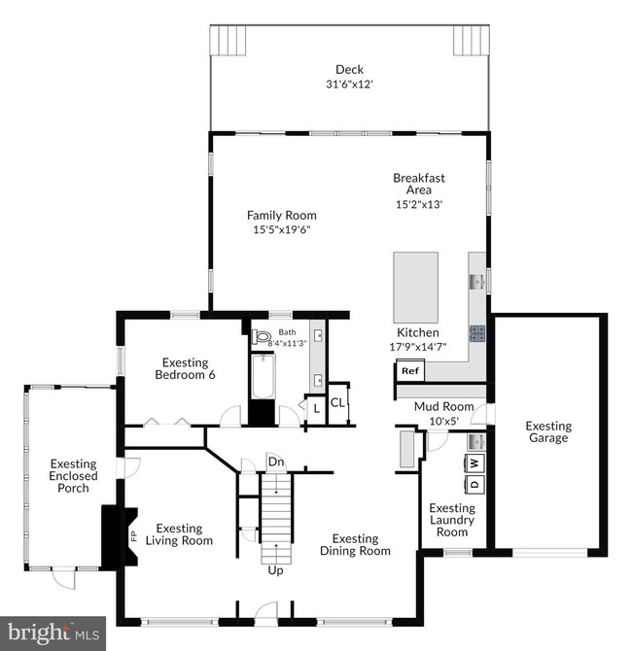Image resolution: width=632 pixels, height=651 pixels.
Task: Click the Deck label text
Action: pyautogui.click(x=349, y=69)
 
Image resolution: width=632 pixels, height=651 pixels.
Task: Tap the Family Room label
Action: pyautogui.click(x=281, y=216)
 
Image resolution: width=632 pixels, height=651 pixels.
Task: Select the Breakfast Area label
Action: pyautogui.click(x=419, y=184)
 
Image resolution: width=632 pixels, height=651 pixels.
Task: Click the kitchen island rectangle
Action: pyautogui.click(x=415, y=289)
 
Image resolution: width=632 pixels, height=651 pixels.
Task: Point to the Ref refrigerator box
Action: pyautogui.click(x=409, y=371)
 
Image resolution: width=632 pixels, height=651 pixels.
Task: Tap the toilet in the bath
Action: pyautogui.click(x=261, y=338)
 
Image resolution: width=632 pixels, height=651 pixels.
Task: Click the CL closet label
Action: pyautogui.click(x=337, y=402)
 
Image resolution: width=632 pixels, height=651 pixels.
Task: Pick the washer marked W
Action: pyautogui.click(x=475, y=463)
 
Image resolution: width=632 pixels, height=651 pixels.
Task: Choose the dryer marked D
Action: pyautogui.click(x=475, y=484)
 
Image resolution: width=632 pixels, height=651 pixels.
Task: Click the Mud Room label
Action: pyautogui.click(x=443, y=407)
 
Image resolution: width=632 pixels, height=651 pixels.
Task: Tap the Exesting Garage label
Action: pyautogui.click(x=548, y=431)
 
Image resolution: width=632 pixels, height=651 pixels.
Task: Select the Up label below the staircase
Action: pyautogui.click(x=275, y=570)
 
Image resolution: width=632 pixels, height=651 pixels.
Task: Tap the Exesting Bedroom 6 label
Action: pyautogui.click(x=185, y=368)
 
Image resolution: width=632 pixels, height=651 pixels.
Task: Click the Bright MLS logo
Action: pyautogui.click(x=53, y=632)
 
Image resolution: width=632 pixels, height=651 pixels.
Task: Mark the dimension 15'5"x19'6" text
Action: pyautogui.click(x=281, y=230)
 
